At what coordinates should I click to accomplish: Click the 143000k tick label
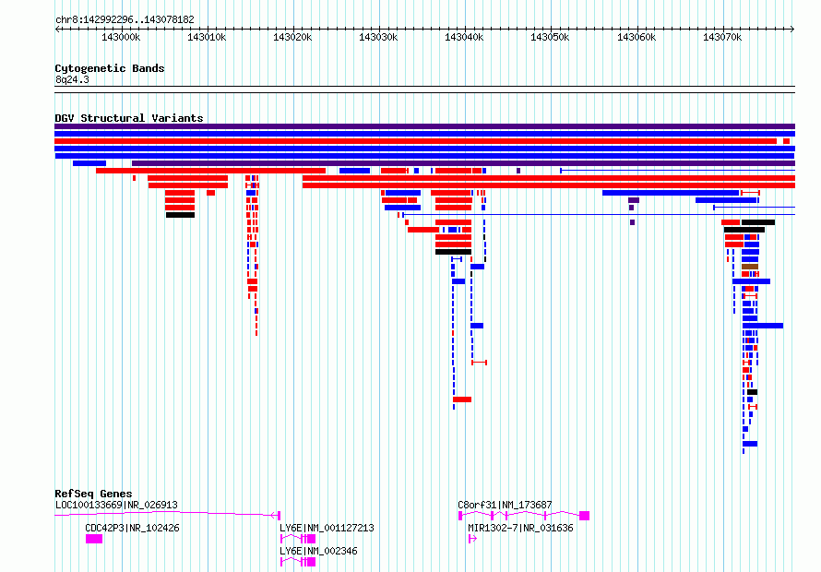(121, 37)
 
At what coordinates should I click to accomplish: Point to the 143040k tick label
(464, 37)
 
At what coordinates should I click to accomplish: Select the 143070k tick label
(722, 37)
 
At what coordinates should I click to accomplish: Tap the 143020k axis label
(292, 37)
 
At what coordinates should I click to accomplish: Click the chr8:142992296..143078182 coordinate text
(125, 20)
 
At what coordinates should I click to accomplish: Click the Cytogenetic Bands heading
(110, 68)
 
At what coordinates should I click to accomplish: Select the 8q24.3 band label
(72, 79)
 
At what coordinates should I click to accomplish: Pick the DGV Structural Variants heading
(129, 118)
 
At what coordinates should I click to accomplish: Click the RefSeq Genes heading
(93, 494)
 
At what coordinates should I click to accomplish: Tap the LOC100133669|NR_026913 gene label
(116, 505)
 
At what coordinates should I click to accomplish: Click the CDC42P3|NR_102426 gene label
(132, 528)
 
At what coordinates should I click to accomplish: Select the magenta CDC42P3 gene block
(94, 539)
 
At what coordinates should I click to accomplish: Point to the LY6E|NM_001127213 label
(327, 528)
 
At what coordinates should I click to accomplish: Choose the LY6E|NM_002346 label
(318, 551)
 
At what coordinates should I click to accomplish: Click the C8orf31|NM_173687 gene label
(505, 505)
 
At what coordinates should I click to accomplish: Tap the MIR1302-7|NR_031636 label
(520, 528)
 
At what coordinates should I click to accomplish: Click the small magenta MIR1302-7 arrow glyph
(472, 539)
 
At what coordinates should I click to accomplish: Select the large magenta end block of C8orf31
(584, 516)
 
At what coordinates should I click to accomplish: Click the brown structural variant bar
(750, 267)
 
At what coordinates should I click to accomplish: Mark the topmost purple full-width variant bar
(424, 126)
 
